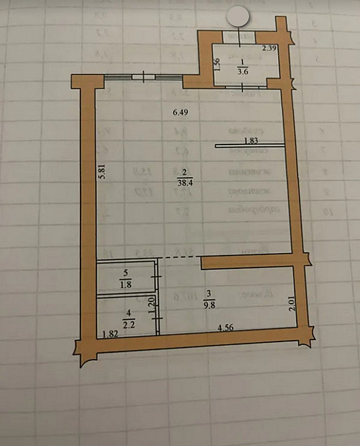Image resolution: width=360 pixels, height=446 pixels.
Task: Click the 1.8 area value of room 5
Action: click(x=126, y=285)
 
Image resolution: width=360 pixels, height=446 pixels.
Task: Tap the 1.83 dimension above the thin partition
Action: click(x=251, y=140)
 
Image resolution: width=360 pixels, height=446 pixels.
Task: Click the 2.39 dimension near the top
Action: click(x=268, y=48)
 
